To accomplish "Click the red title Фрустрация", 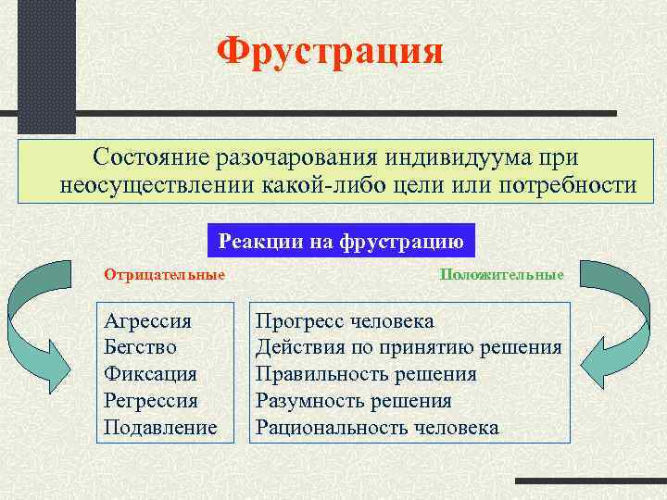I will pyautogui.click(x=330, y=51).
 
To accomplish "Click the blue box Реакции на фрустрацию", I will pyautogui.click(x=340, y=241).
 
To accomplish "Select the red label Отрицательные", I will pyautogui.click(x=164, y=275).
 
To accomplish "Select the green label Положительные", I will pyautogui.click(x=501, y=275).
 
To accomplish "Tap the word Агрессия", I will pyautogui.click(x=148, y=321).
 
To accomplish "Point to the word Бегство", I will pyautogui.click(x=141, y=348).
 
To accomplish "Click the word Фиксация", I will pyautogui.click(x=151, y=375).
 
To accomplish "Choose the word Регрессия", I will pyautogui.click(x=152, y=401).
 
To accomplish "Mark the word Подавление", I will pyautogui.click(x=161, y=428).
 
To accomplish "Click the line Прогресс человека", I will pyautogui.click(x=345, y=321).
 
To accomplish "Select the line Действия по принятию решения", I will pyautogui.click(x=409, y=348).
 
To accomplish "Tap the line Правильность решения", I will pyautogui.click(x=366, y=375).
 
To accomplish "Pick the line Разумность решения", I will pyautogui.click(x=354, y=401).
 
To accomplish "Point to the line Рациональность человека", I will pyautogui.click(x=377, y=428).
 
